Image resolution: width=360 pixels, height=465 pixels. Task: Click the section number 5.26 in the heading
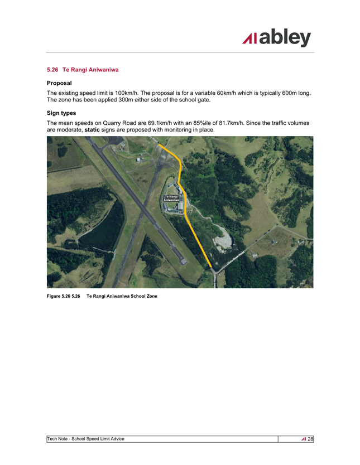[52, 70]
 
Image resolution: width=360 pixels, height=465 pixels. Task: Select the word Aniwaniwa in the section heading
[102, 70]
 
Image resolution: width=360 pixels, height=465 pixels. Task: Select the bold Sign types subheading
[61, 113]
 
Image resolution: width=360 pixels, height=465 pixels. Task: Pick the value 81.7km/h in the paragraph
[230, 122]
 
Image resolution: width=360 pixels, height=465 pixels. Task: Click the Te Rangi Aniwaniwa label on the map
[171, 198]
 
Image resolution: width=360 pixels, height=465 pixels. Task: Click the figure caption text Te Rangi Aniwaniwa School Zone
[122, 296]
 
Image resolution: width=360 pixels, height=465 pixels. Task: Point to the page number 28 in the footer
[310, 439]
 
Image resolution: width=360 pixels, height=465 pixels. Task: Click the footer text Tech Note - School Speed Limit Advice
[86, 439]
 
